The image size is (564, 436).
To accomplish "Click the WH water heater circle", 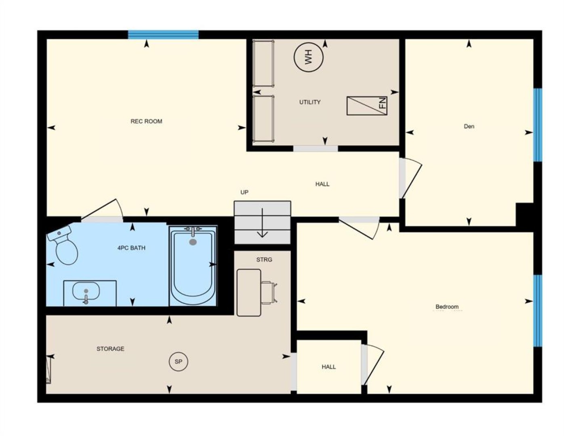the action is coord(308,57).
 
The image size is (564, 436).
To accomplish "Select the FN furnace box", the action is coord(367,106).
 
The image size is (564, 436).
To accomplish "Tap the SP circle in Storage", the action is coord(178,362).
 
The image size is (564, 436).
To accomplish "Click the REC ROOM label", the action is coord(146,122).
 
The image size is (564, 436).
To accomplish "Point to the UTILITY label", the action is coord(310,102).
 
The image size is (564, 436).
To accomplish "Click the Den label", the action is coord(469,126).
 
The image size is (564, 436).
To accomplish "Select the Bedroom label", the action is coord(447,306).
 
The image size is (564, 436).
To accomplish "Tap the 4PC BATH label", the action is coord(131,248).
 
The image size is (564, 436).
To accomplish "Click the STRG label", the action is coord(264,260).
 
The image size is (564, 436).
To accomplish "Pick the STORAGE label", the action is coord(111,349).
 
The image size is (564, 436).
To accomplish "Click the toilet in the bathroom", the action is coord(63,245).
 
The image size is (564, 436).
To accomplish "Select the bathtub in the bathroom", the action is coord(193,266).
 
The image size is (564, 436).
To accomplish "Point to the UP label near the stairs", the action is coord(244,192).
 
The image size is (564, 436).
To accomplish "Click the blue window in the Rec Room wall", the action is coord(164,35).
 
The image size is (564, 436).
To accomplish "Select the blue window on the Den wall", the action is coord(538,125).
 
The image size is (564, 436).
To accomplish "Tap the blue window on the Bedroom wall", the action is coord(538,310).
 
